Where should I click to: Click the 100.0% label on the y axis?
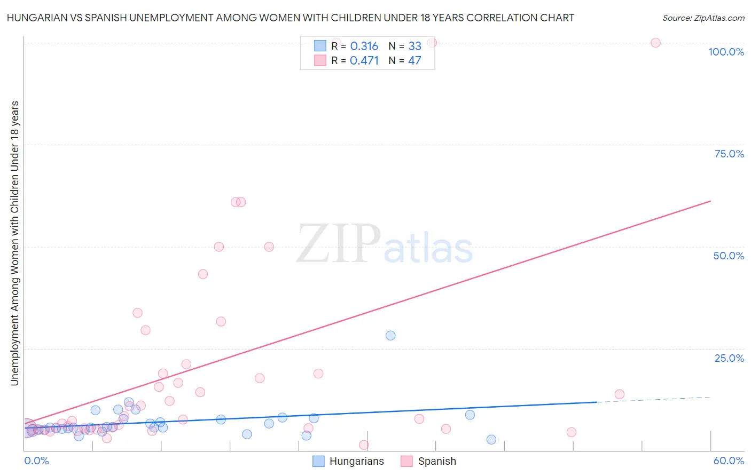coord(726,52)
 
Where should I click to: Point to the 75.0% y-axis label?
coord(729,154)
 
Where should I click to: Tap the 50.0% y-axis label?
coord(729,256)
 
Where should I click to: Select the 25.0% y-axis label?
coord(729,358)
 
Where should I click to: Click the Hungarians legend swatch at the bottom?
coord(318,462)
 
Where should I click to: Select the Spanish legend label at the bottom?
coord(437,462)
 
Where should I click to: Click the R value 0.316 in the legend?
coord(364,46)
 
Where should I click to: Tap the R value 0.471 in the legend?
coord(364,60)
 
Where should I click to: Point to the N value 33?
coord(414,46)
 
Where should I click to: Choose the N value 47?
coord(414,60)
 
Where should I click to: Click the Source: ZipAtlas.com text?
coord(703,18)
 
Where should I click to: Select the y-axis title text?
coord(14,243)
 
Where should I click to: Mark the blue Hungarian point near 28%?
coord(390,336)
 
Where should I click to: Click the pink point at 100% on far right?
coord(655,43)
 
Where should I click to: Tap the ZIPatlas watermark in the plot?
coord(385,244)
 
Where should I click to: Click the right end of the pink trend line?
coord(710,201)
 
